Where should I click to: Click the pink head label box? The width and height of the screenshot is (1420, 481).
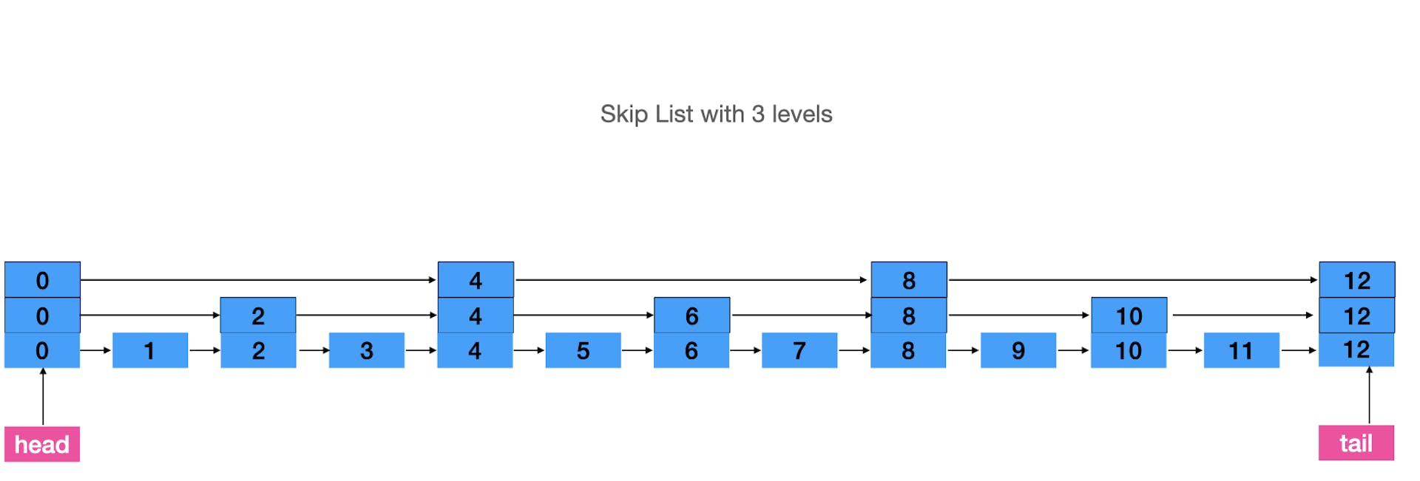click(42, 444)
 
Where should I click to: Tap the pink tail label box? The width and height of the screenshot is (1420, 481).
click(1356, 443)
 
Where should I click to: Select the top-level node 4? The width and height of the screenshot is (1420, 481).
click(476, 280)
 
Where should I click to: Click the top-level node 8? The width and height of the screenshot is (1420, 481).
click(908, 280)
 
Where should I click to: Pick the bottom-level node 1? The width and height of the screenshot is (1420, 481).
click(150, 350)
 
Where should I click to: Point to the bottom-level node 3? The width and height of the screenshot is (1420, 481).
click(367, 350)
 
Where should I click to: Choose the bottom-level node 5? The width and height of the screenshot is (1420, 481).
click(583, 350)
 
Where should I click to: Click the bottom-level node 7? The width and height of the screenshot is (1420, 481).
click(799, 350)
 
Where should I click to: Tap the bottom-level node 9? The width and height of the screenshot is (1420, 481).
click(1018, 350)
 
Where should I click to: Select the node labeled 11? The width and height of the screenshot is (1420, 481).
click(1241, 350)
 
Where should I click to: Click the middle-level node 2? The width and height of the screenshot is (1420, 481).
click(258, 315)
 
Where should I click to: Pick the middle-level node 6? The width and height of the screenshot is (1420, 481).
click(692, 315)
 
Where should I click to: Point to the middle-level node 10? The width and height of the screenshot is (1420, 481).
click(1129, 315)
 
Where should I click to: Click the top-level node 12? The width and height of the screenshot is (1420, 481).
click(1356, 280)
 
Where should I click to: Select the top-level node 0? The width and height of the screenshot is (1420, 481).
click(42, 280)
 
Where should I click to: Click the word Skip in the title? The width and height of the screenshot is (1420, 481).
click(624, 115)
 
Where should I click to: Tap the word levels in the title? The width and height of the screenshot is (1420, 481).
click(802, 115)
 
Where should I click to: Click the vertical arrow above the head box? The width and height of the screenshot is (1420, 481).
click(43, 397)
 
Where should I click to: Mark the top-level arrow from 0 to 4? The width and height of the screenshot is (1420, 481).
click(258, 280)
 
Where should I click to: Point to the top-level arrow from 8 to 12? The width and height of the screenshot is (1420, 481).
click(1132, 280)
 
